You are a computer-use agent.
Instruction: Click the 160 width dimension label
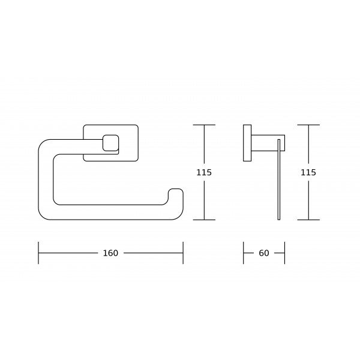pyautogui.click(x=110, y=253)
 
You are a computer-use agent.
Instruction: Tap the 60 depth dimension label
pyautogui.click(x=264, y=253)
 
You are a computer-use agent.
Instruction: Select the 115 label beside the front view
pyautogui.click(x=204, y=172)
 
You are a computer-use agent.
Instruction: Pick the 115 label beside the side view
pyautogui.click(x=308, y=172)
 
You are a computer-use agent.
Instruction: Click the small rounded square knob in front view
pyautogui.click(x=110, y=143)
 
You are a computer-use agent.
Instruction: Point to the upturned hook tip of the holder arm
pyautogui.click(x=176, y=189)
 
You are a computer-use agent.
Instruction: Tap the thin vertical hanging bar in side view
pyautogui.click(x=279, y=179)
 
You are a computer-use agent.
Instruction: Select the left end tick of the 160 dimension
pyautogui.click(x=38, y=253)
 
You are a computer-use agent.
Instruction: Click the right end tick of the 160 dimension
pyautogui.click(x=183, y=253)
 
